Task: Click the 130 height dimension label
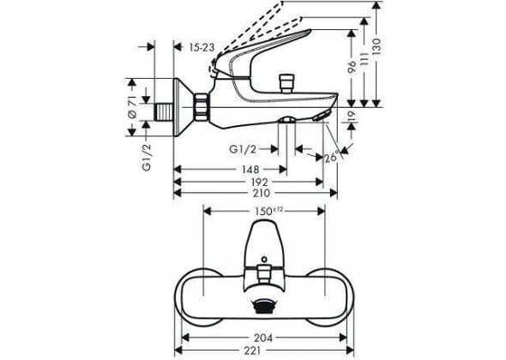tap(376, 45)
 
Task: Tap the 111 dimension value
tap(364, 59)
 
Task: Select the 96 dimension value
tap(352, 66)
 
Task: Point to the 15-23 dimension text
tap(202, 48)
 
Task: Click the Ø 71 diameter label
tap(133, 109)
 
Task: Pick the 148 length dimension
tap(250, 170)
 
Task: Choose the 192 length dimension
tap(260, 182)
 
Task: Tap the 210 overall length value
tap(262, 193)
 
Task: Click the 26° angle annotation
tap(332, 157)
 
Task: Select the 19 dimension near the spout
tap(352, 115)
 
